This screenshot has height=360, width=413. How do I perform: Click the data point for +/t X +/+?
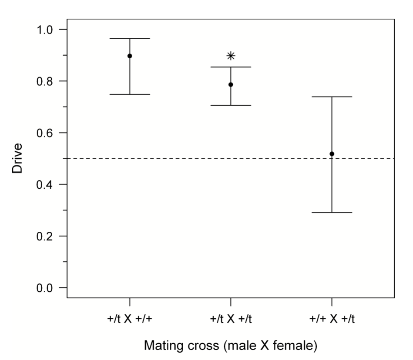click(x=130, y=56)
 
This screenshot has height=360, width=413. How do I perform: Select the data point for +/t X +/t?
click(x=231, y=84)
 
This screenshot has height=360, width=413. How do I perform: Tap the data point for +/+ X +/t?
click(x=332, y=153)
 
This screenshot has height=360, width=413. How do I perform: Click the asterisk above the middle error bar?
click(x=231, y=56)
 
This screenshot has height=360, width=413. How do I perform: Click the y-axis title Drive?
click(x=17, y=158)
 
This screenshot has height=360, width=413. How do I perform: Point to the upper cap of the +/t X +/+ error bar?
click(x=130, y=39)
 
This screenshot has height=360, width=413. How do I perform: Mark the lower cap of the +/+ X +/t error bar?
click(x=332, y=212)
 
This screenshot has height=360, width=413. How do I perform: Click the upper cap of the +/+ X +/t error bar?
click(x=332, y=97)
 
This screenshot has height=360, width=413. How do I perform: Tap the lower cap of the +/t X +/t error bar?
click(x=231, y=105)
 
